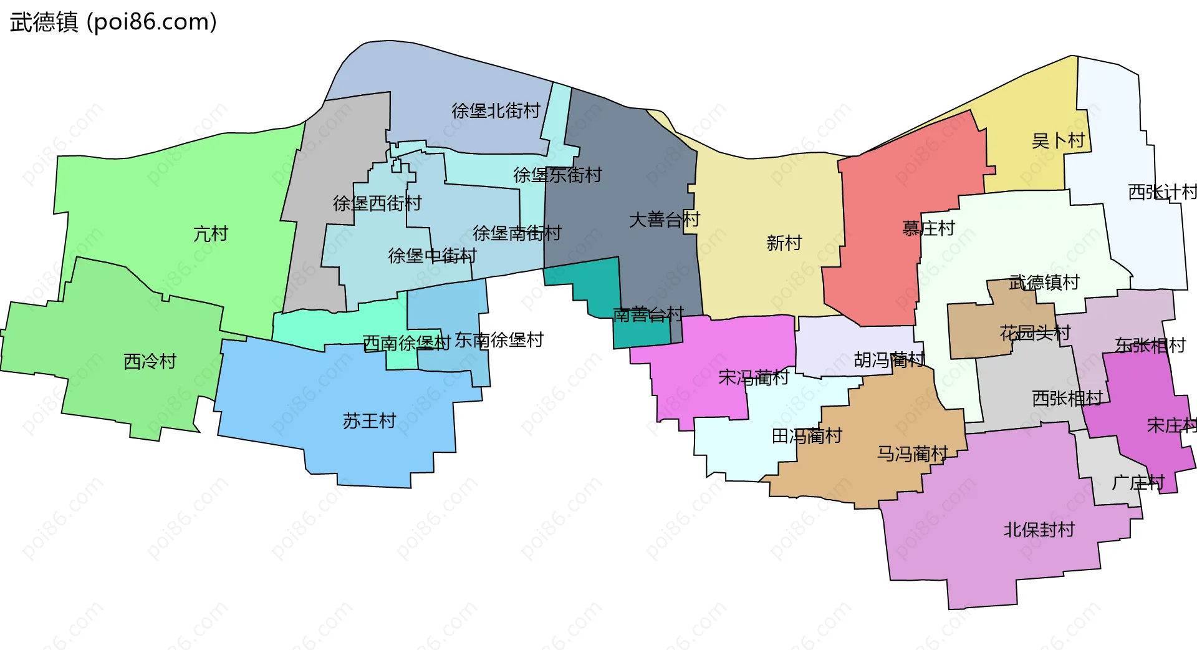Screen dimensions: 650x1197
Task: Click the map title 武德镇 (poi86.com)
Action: [x=113, y=22]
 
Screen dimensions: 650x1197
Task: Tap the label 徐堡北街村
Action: [x=496, y=110]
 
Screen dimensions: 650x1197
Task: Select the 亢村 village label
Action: [x=211, y=234]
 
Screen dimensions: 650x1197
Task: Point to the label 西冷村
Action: [x=150, y=361]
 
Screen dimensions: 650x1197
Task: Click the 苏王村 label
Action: [x=369, y=421]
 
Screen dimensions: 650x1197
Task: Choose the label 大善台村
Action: [x=665, y=220]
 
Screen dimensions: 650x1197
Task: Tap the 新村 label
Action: [x=784, y=243]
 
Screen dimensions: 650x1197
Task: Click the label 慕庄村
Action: [x=928, y=228]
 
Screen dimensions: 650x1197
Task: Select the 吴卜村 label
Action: [x=1058, y=140]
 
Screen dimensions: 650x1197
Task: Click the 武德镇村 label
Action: [x=1044, y=283]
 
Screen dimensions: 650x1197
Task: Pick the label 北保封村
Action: [x=1039, y=530]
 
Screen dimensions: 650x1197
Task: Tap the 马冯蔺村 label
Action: [x=913, y=454]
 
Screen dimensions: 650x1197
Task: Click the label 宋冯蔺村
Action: [x=753, y=377]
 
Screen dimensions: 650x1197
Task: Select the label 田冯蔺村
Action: [x=807, y=436]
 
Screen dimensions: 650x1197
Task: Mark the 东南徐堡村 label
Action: [x=499, y=340]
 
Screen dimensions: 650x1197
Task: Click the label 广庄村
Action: [x=1138, y=482]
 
